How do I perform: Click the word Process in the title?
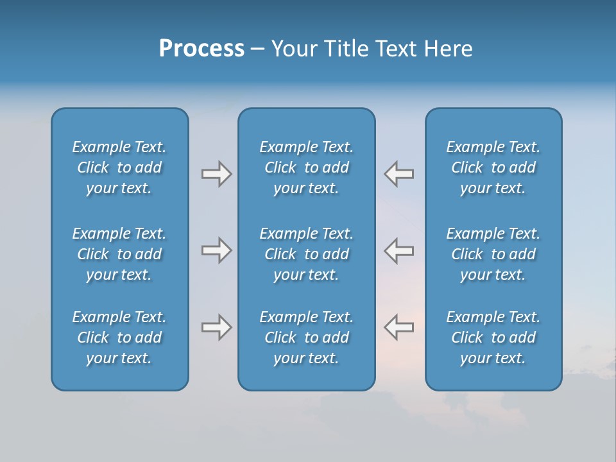[201, 49]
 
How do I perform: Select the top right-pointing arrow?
[216, 174]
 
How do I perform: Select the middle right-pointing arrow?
[216, 250]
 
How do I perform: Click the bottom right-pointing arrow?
[216, 327]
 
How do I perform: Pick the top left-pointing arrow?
[398, 174]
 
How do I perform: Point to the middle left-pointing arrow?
[398, 250]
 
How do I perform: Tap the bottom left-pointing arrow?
[398, 327]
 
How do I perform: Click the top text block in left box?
[119, 167]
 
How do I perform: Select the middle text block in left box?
[119, 254]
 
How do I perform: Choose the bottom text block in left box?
[119, 338]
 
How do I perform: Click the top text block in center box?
[306, 167]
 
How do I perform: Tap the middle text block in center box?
[306, 254]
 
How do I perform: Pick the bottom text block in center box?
[306, 338]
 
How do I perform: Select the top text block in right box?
[493, 167]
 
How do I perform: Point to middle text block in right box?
[493, 254]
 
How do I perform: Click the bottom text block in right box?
[493, 338]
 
